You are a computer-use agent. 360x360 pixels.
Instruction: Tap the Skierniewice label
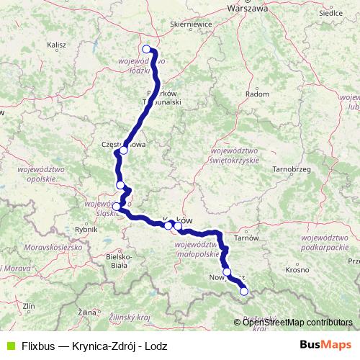(189, 23)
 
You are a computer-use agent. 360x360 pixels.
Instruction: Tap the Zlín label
(29, 307)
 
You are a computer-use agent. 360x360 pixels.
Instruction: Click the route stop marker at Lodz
(147, 50)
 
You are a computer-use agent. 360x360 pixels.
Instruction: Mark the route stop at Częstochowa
(123, 150)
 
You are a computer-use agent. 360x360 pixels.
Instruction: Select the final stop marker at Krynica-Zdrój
(243, 292)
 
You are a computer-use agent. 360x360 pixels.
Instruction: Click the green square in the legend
(9, 345)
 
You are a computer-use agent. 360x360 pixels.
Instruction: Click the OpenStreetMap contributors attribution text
(298, 322)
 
